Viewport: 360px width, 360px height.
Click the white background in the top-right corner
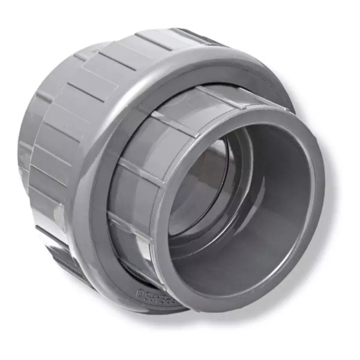point(336,24)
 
